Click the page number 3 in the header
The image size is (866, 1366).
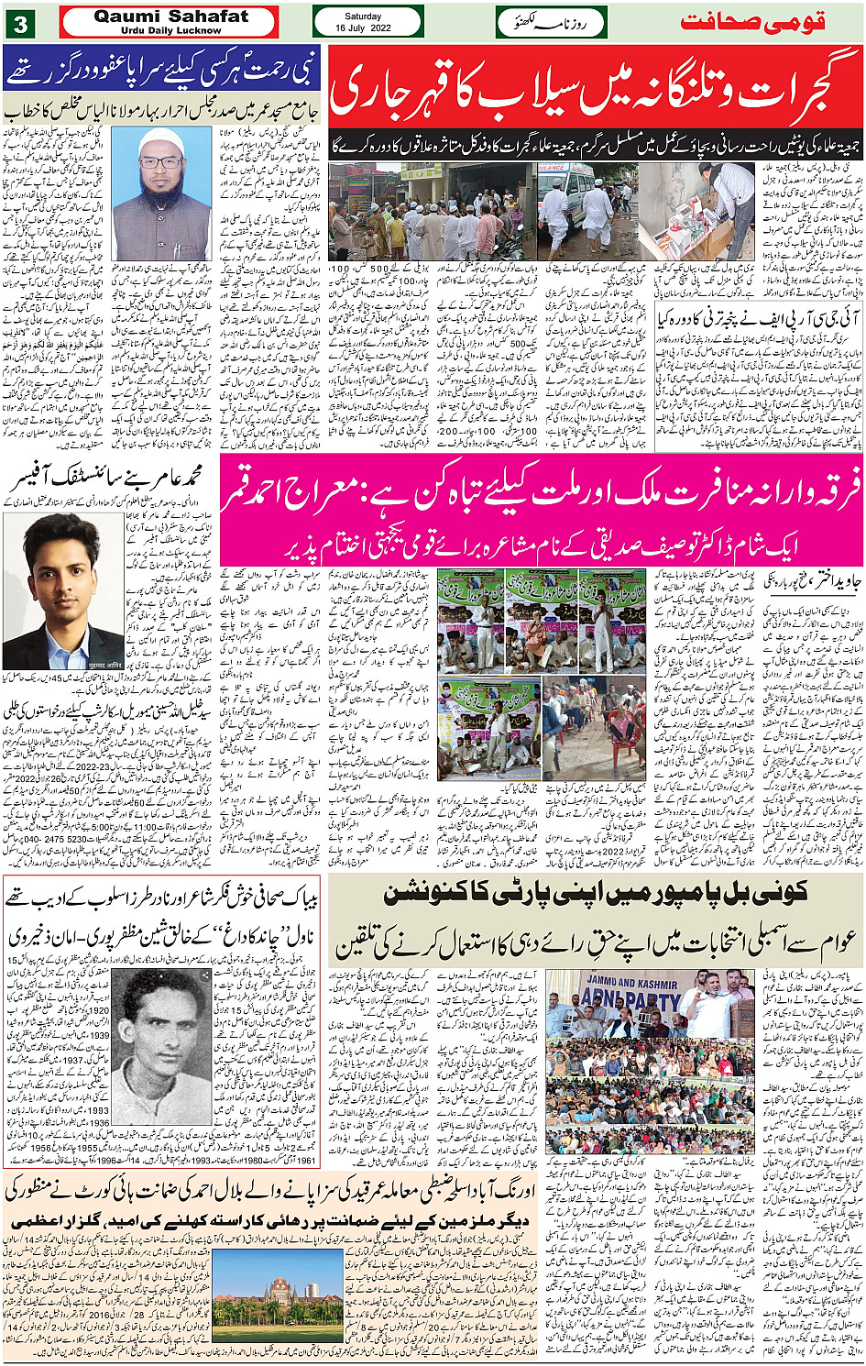click(x=19, y=23)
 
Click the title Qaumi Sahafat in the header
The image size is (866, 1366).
click(x=170, y=17)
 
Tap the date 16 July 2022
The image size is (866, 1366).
click(x=367, y=28)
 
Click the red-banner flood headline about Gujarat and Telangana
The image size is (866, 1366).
click(x=596, y=92)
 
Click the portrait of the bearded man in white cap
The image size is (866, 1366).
click(x=161, y=193)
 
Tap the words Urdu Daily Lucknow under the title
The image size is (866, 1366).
click(x=170, y=30)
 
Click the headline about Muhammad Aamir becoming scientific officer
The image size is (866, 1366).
click(x=110, y=479)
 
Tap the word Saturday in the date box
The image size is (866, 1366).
click(x=367, y=16)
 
